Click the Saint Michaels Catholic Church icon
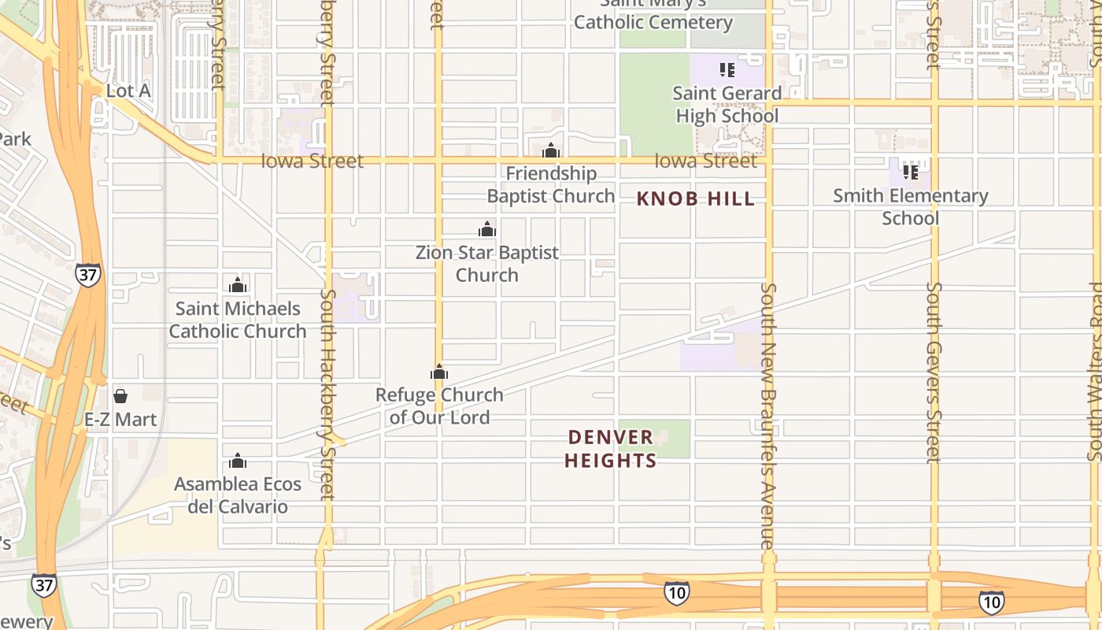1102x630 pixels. (238, 285)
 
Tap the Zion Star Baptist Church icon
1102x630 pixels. (487, 229)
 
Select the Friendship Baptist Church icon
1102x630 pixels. (551, 150)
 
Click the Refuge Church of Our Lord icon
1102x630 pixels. (439, 372)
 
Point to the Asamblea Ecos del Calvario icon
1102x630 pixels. (238, 460)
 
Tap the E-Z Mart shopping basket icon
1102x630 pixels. (120, 395)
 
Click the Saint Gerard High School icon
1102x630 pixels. (727, 70)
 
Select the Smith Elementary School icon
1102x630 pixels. (911, 172)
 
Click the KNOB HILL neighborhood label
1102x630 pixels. (696, 199)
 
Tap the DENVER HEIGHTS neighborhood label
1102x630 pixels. (611, 448)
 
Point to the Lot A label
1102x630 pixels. (128, 91)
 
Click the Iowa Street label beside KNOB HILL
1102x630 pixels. (705, 161)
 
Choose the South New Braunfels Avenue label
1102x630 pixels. (768, 416)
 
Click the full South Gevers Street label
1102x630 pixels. (934, 372)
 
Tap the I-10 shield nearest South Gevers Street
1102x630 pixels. (991, 602)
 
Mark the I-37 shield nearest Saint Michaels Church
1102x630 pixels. (88, 275)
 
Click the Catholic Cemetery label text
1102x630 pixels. (653, 22)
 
